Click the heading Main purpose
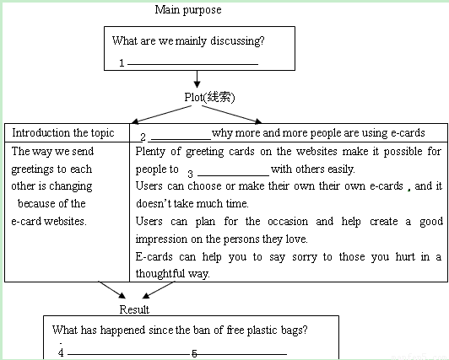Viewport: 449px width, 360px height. [x=188, y=10]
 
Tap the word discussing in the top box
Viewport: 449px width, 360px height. [x=237, y=40]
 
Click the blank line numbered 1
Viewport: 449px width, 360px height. [x=192, y=64]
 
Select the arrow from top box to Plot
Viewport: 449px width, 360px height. [x=197, y=79]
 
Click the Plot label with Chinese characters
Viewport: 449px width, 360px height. [x=209, y=97]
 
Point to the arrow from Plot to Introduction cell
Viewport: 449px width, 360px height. [x=161, y=115]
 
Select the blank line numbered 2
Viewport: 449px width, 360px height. [x=181, y=139]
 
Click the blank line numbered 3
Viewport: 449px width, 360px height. [x=234, y=175]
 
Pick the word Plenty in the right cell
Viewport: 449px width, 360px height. [x=150, y=152]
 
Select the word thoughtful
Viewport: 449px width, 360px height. [x=160, y=274]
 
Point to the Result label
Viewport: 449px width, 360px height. [x=134, y=309]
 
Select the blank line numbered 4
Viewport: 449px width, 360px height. [x=129, y=355]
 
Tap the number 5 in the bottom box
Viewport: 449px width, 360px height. [x=194, y=354]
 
